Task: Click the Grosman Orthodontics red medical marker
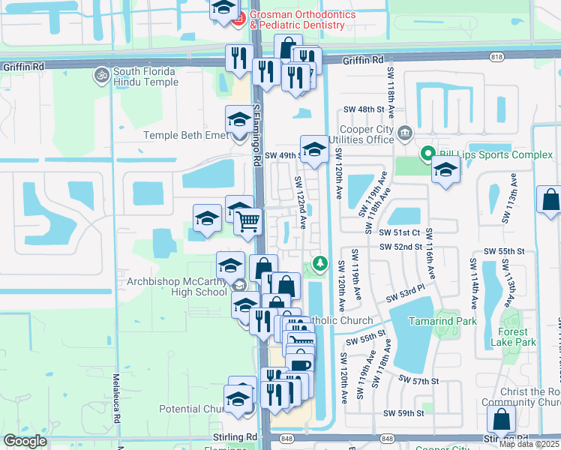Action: pos(238,19)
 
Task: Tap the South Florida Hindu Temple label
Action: pos(144,76)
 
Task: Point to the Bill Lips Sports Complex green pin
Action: pos(428,155)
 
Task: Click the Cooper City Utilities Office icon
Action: pos(405,133)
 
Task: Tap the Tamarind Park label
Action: pos(442,320)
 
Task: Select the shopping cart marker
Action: pos(247,221)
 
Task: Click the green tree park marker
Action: pos(320,263)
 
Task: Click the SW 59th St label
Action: pos(403,413)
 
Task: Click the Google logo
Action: pos(25,441)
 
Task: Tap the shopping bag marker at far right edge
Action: pos(550,200)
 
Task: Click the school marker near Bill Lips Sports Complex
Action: pos(445,169)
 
